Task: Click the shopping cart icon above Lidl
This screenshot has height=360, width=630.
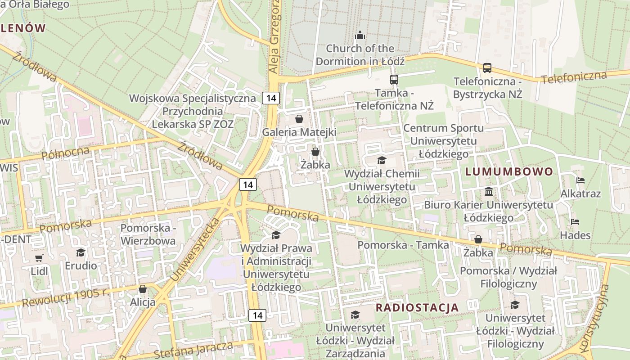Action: (39, 258)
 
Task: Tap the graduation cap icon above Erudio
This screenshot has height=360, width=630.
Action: (81, 252)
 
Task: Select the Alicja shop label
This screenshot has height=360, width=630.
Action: (143, 302)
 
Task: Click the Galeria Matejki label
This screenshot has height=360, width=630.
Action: (299, 132)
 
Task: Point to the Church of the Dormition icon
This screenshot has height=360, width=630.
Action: (360, 35)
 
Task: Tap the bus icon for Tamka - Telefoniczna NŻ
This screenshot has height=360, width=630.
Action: (394, 80)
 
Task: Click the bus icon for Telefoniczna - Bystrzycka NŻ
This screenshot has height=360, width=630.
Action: (487, 68)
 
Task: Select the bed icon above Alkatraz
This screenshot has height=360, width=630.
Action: (580, 180)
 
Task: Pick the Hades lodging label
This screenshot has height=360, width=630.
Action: (575, 235)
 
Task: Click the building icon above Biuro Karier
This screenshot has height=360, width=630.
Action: (489, 192)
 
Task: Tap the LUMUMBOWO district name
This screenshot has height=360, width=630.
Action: (509, 171)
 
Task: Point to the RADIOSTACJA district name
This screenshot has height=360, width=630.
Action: (417, 308)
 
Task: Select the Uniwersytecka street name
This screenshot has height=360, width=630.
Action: (196, 250)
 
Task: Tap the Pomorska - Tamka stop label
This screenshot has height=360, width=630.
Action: (403, 245)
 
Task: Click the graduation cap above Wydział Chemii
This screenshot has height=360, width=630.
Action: (382, 160)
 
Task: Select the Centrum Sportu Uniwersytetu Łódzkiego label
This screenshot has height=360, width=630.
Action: (444, 141)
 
